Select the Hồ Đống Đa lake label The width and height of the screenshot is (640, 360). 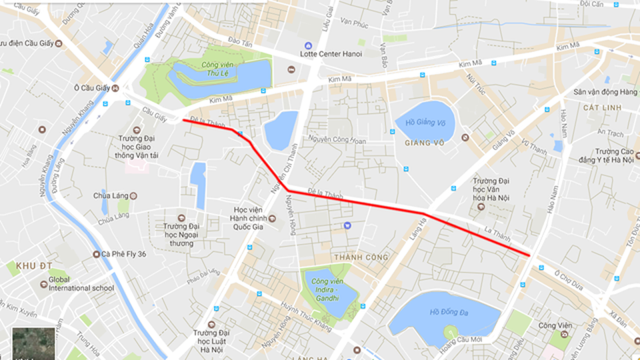(x=446, y=311)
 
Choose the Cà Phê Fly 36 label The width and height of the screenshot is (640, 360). (x=128, y=254)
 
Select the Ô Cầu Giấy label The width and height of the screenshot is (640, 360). (x=91, y=88)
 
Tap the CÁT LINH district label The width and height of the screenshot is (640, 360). (x=601, y=107)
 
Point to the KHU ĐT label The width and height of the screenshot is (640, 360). (x=29, y=265)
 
